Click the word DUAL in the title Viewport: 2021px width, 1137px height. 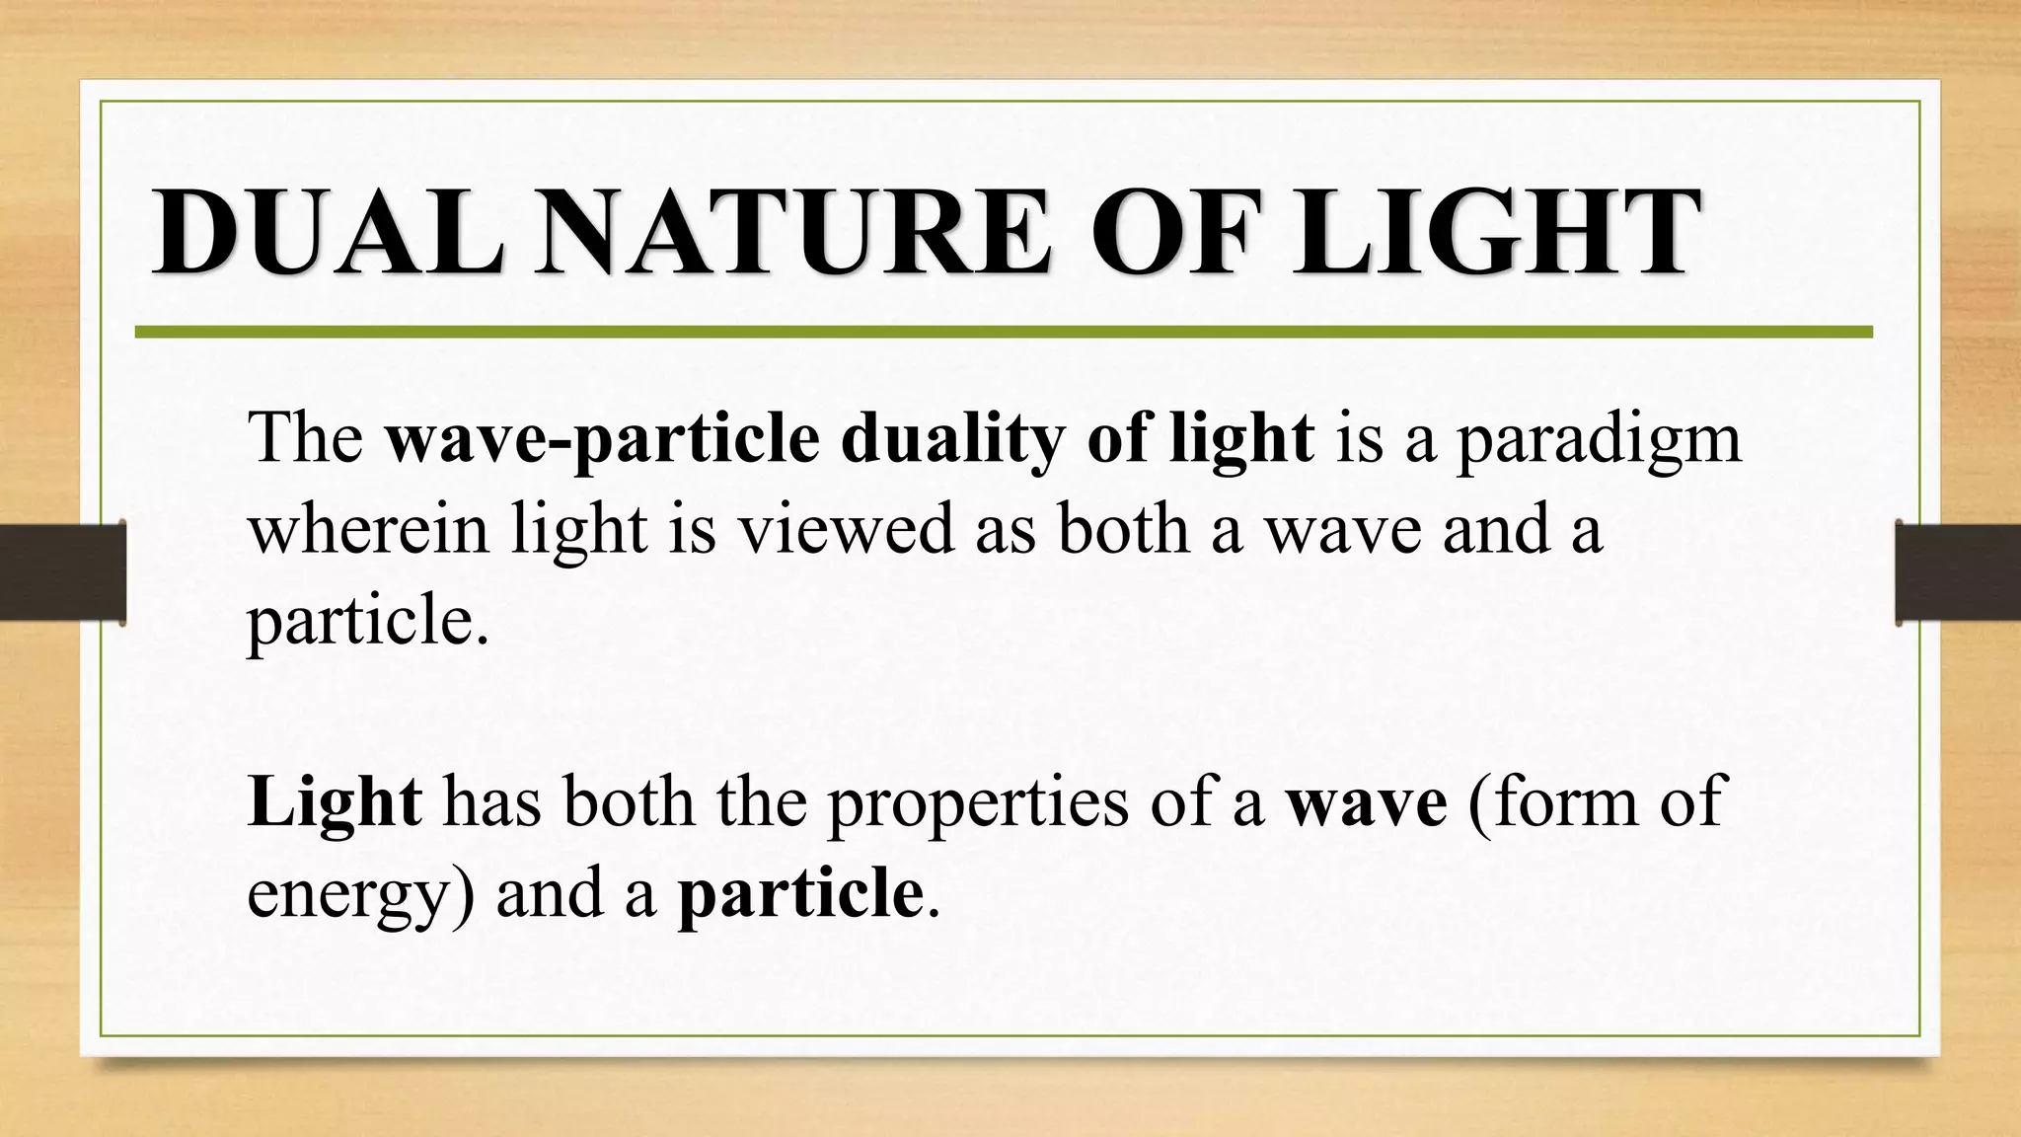326,233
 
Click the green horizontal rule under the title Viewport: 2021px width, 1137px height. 1003,333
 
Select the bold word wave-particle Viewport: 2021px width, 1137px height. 602,438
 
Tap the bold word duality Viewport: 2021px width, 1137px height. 952,438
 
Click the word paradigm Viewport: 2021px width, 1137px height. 1599,440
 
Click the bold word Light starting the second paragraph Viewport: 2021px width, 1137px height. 335,801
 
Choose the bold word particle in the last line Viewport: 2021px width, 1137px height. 800,894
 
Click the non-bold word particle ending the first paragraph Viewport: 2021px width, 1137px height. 368,622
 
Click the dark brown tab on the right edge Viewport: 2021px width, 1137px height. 1958,572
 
